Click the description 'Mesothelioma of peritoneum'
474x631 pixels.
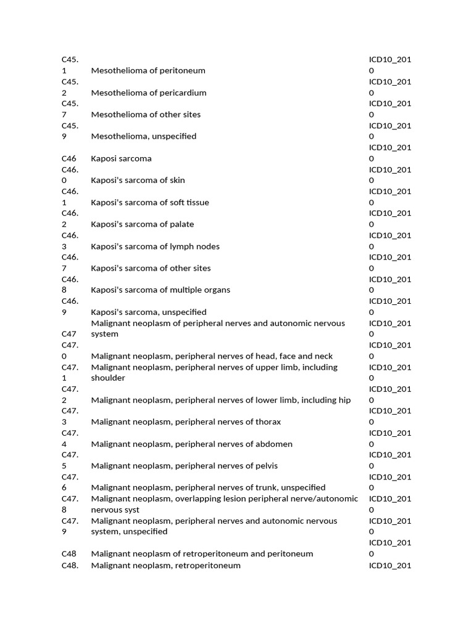click(x=148, y=70)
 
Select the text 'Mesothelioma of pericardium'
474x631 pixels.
click(x=149, y=92)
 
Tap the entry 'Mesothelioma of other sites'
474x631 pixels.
click(x=146, y=115)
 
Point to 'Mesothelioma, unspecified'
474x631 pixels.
click(x=144, y=136)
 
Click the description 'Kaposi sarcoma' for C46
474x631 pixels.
click(x=121, y=158)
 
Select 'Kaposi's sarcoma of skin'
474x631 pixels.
click(x=138, y=181)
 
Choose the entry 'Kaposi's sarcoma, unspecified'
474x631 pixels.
click(x=149, y=312)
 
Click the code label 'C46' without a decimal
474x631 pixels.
click(x=69, y=158)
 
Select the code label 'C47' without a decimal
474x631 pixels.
click(x=69, y=334)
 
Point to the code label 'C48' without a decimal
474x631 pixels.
click(x=69, y=554)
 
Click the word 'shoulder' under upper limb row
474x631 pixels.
click(x=108, y=378)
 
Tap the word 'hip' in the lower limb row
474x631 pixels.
click(x=344, y=400)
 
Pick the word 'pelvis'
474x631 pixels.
click(x=267, y=466)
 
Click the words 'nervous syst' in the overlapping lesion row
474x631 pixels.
click(x=115, y=510)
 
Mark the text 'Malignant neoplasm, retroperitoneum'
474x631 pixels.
click(x=165, y=565)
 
